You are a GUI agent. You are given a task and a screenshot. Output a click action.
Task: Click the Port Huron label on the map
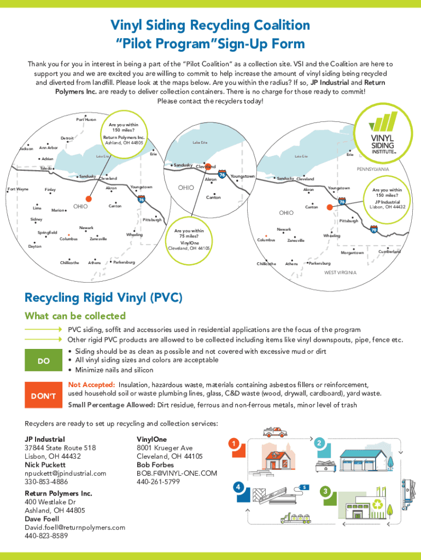(x=86, y=120)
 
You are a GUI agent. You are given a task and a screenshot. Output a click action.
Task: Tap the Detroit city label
(x=67, y=138)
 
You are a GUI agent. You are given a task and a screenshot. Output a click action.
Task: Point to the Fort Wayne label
(x=17, y=189)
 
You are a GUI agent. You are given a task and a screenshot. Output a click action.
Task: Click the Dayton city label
(x=34, y=246)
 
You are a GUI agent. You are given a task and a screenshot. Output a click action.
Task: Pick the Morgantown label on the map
(x=352, y=253)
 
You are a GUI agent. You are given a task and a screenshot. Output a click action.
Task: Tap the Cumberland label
(x=389, y=252)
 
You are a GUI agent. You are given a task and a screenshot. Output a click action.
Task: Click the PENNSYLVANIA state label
(x=373, y=170)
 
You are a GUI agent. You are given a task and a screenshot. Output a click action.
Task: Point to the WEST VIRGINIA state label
(x=340, y=272)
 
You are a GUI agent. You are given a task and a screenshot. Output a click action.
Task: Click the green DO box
(x=44, y=361)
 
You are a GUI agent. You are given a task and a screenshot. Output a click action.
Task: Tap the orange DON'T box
(x=44, y=395)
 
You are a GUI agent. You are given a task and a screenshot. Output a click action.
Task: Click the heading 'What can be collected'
(x=75, y=316)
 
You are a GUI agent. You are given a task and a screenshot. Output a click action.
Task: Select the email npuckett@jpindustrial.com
(x=65, y=473)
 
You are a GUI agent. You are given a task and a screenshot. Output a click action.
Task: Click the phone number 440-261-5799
(x=158, y=482)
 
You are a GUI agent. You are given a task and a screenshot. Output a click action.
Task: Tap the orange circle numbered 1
(x=234, y=444)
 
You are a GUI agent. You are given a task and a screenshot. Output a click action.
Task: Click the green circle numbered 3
(x=326, y=492)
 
